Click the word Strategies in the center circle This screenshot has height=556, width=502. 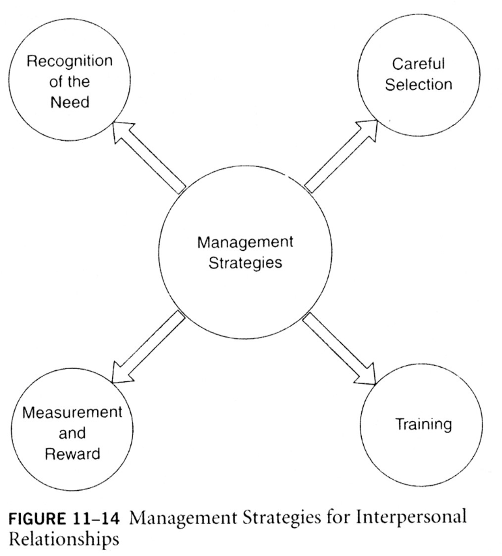pyautogui.click(x=245, y=264)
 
